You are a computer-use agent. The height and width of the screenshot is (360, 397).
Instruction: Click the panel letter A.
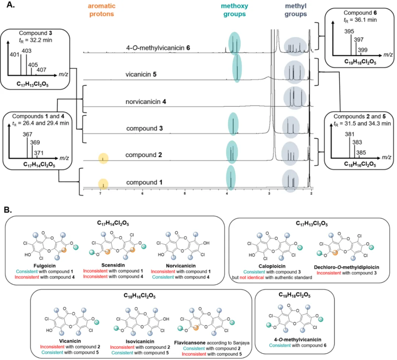(x=10, y=4)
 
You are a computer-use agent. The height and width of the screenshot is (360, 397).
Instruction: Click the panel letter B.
(x=8, y=210)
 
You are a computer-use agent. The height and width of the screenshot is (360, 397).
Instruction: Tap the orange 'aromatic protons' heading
(x=101, y=10)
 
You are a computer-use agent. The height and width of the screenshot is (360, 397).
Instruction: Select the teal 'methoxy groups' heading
(x=235, y=10)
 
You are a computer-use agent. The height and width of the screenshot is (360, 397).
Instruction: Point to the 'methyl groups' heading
(x=296, y=10)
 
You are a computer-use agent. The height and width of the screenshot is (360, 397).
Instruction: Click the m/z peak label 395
(x=349, y=31)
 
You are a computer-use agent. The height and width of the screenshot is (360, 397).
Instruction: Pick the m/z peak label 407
(x=41, y=69)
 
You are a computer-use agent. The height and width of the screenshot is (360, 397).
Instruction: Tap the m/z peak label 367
(x=27, y=134)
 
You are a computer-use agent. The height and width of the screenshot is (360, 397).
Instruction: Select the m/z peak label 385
(x=361, y=152)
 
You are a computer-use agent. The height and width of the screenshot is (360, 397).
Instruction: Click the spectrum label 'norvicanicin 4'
(x=146, y=102)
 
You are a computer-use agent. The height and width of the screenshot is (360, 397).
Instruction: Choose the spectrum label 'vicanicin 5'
(x=141, y=74)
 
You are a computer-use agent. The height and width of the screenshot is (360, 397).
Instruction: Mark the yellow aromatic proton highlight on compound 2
(x=103, y=158)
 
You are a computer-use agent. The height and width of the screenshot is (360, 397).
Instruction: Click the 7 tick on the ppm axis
(x=100, y=194)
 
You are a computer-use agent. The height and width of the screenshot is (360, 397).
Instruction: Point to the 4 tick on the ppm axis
(x=227, y=194)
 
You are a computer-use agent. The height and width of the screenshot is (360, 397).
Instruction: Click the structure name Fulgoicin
(x=44, y=266)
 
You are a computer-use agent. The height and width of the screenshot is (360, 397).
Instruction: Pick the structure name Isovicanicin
(x=140, y=341)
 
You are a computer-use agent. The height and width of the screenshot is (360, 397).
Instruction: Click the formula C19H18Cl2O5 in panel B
(x=294, y=295)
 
